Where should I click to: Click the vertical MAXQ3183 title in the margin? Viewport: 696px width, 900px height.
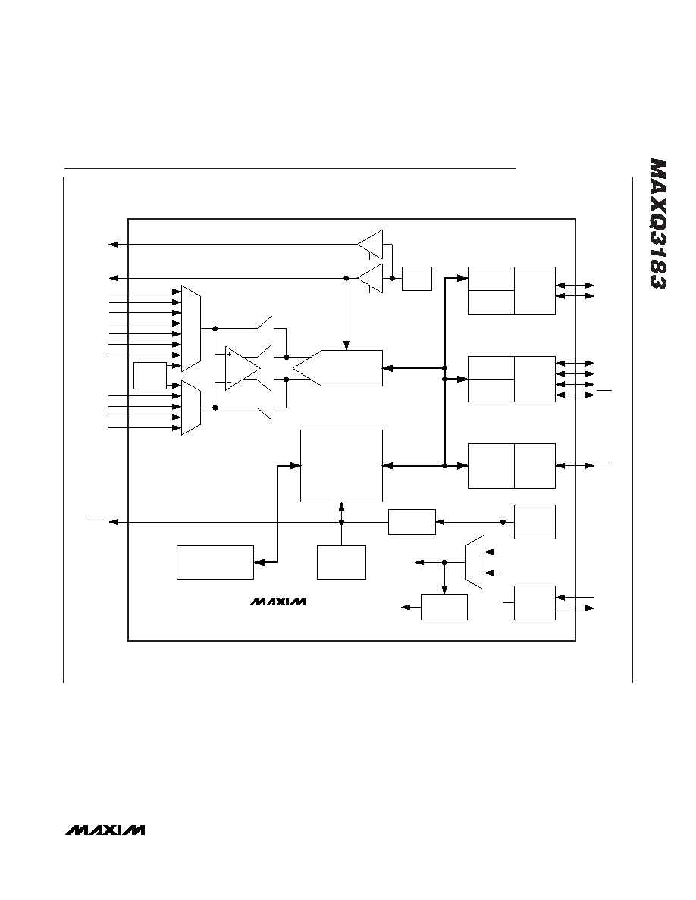click(658, 223)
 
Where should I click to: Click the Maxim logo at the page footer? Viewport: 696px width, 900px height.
click(105, 830)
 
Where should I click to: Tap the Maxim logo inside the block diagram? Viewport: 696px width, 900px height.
click(277, 602)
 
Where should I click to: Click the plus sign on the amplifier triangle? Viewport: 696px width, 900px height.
click(229, 354)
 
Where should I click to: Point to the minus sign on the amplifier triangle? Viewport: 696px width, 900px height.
click(229, 382)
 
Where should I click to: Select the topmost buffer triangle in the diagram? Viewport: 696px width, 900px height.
click(370, 244)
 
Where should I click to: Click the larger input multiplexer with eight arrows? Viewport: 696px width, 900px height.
click(190, 328)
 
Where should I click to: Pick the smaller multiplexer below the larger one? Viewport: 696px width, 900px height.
click(190, 408)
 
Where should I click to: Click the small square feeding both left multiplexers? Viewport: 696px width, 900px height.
click(150, 376)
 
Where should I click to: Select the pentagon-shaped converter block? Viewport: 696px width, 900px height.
click(337, 368)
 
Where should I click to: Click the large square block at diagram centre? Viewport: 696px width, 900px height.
click(342, 465)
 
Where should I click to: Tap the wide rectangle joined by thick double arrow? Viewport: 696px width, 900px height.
click(215, 562)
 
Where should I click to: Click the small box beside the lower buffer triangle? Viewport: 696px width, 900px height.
click(417, 278)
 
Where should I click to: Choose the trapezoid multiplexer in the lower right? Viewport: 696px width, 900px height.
click(475, 562)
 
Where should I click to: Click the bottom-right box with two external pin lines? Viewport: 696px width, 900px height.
click(535, 603)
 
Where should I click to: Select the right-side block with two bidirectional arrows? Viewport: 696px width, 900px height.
click(512, 290)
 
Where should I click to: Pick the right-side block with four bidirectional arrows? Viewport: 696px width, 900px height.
click(512, 379)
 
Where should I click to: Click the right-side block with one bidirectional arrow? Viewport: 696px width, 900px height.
click(512, 465)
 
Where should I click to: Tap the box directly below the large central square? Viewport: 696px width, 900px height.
click(342, 562)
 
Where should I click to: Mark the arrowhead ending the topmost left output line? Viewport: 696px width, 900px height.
click(114, 245)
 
